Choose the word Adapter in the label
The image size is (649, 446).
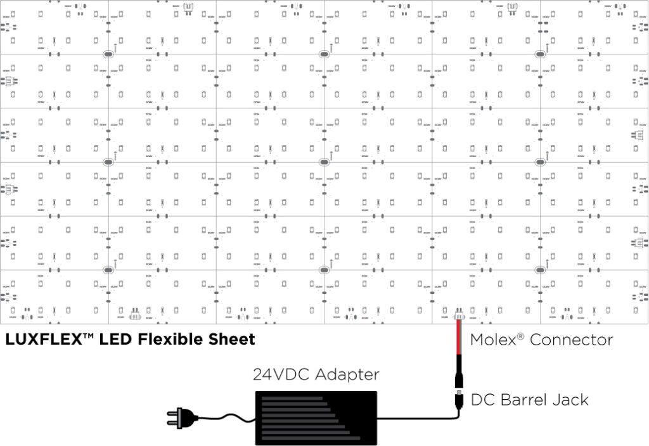click(x=346, y=374)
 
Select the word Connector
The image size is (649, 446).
click(x=571, y=340)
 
